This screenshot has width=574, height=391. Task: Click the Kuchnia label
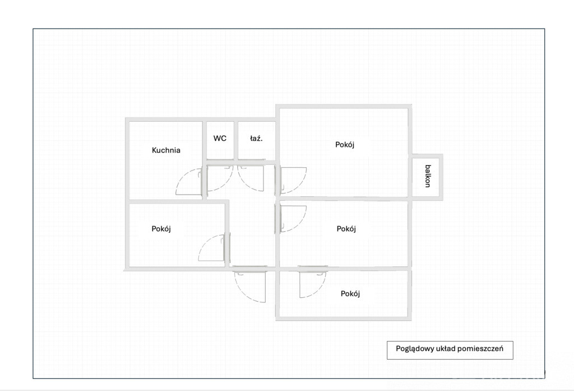pyautogui.click(x=166, y=150)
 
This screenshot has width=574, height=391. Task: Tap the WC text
pyautogui.click(x=220, y=138)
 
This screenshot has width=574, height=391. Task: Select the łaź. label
pyautogui.click(x=256, y=138)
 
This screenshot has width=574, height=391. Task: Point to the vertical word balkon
pyautogui.click(x=428, y=176)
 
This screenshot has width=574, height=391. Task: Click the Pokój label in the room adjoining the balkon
pyautogui.click(x=345, y=144)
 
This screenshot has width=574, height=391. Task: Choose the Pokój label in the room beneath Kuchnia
pyautogui.click(x=161, y=229)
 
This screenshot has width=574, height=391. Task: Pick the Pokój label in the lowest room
pyautogui.click(x=350, y=293)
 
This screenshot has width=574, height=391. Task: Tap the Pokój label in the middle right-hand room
pyautogui.click(x=346, y=229)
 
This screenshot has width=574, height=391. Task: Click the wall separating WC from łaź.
pyautogui.click(x=236, y=140)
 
